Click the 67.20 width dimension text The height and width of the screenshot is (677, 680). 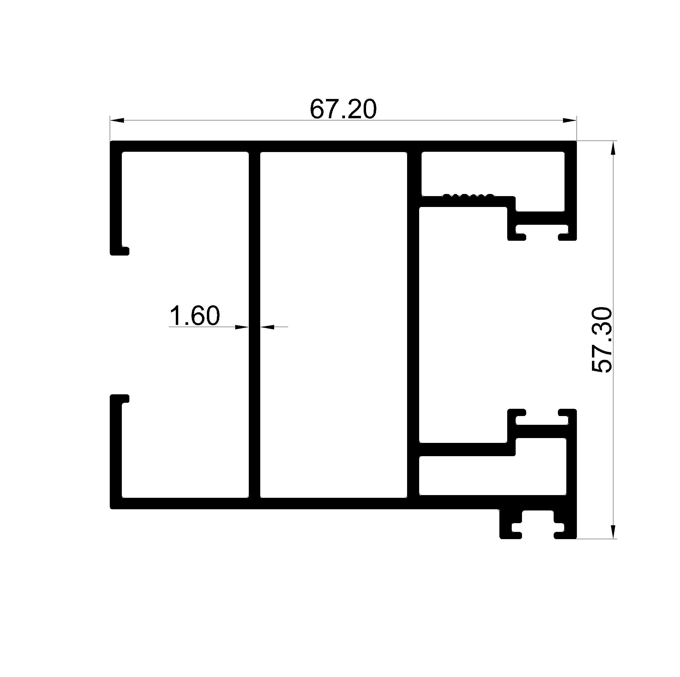tap(343, 109)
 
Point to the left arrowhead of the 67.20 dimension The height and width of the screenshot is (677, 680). tap(117, 120)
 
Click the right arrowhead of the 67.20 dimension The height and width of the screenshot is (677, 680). tap(570, 120)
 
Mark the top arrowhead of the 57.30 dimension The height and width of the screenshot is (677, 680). tap(613, 148)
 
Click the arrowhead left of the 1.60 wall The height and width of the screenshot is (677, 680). tap(242, 327)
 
